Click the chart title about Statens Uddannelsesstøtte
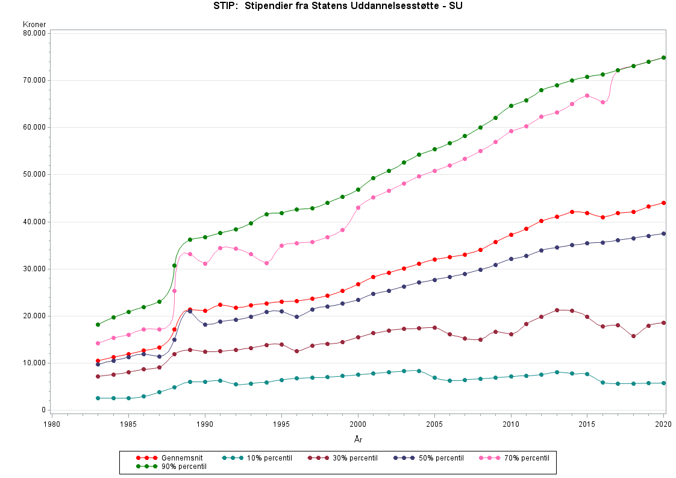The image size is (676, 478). coord(338,7)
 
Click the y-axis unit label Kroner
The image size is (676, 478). coord(34,25)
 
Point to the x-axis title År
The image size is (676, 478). coord(358,439)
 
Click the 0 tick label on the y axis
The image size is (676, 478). coord(43,410)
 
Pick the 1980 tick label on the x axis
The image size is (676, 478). coord(52,424)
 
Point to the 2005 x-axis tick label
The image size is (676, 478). coord(434,424)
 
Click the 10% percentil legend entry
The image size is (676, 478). coord(257,458)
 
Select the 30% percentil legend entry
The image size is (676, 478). coord(342,458)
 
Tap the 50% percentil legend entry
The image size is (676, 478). coord(428,458)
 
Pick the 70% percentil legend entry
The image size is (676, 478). coord(514,458)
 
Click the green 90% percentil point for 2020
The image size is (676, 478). coord(664,58)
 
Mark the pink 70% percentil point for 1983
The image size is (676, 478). coord(98,343)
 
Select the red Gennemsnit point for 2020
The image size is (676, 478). coord(664,203)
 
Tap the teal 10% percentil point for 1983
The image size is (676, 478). coord(98,398)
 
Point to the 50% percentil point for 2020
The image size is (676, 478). coord(664,233)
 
